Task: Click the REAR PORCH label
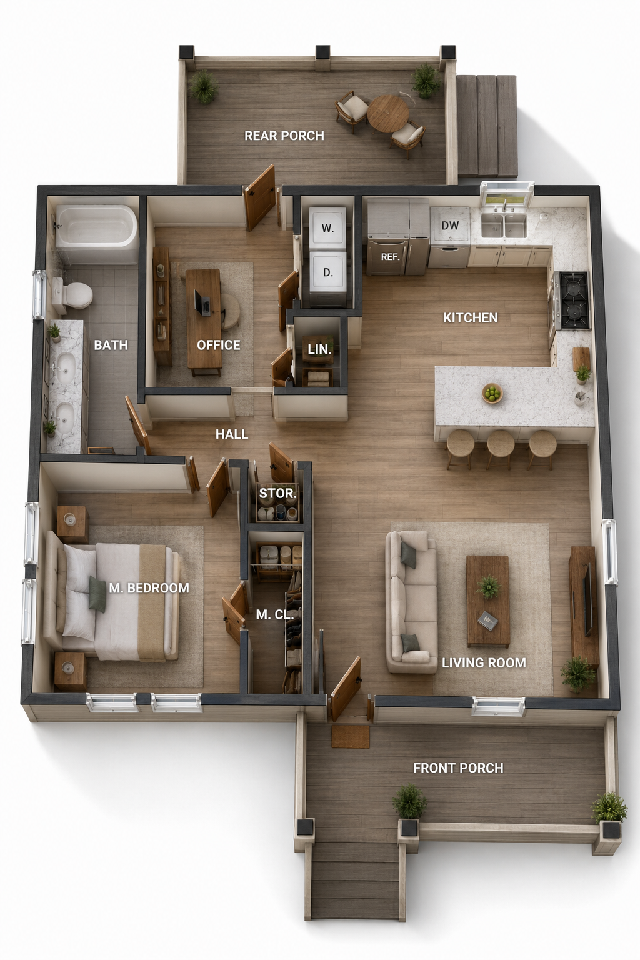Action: pos(284,136)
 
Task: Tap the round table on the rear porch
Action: pos(388,112)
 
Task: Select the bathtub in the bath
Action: pos(96,227)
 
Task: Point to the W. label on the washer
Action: pos(327,228)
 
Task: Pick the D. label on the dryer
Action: pos(328,272)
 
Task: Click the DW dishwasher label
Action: pos(450,225)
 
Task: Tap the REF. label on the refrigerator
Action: pos(390,257)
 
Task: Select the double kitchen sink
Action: pos(504,225)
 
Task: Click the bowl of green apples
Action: pos(492,392)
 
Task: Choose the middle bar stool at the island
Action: pos(500,448)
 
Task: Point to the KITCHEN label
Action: pos(470,317)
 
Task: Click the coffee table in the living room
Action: pos(488,601)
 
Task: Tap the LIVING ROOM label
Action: pos(484,662)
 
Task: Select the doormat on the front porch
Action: pos(350,736)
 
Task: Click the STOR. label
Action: pos(277,493)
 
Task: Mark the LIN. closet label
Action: pos(320,350)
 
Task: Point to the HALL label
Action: pos(232,434)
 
